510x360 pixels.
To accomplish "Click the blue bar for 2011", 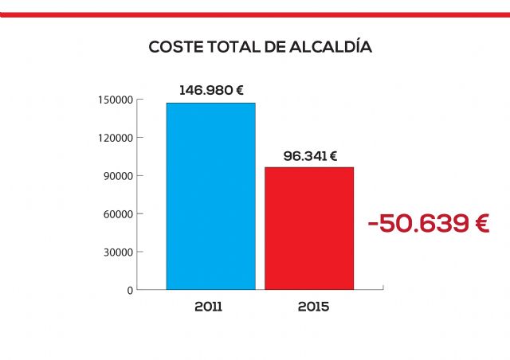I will [210, 196].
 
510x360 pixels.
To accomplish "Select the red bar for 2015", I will [309, 228].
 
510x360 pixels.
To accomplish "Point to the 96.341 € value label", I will [310, 156].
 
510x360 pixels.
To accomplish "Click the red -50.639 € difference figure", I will [428, 224].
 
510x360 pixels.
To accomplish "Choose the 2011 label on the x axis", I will [209, 306].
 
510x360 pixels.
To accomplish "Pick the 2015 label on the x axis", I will [312, 306].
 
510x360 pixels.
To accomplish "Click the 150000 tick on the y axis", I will [116, 100].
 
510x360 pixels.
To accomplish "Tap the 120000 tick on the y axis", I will [116, 138].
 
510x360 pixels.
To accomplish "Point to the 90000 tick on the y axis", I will [119, 176].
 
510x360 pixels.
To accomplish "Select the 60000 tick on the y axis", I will [119, 214].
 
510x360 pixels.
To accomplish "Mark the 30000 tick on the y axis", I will [119, 252].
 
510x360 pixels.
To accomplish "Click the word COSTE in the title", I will [173, 48].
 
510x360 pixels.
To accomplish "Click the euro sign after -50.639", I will [477, 224].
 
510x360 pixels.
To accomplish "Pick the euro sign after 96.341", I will [333, 156].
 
